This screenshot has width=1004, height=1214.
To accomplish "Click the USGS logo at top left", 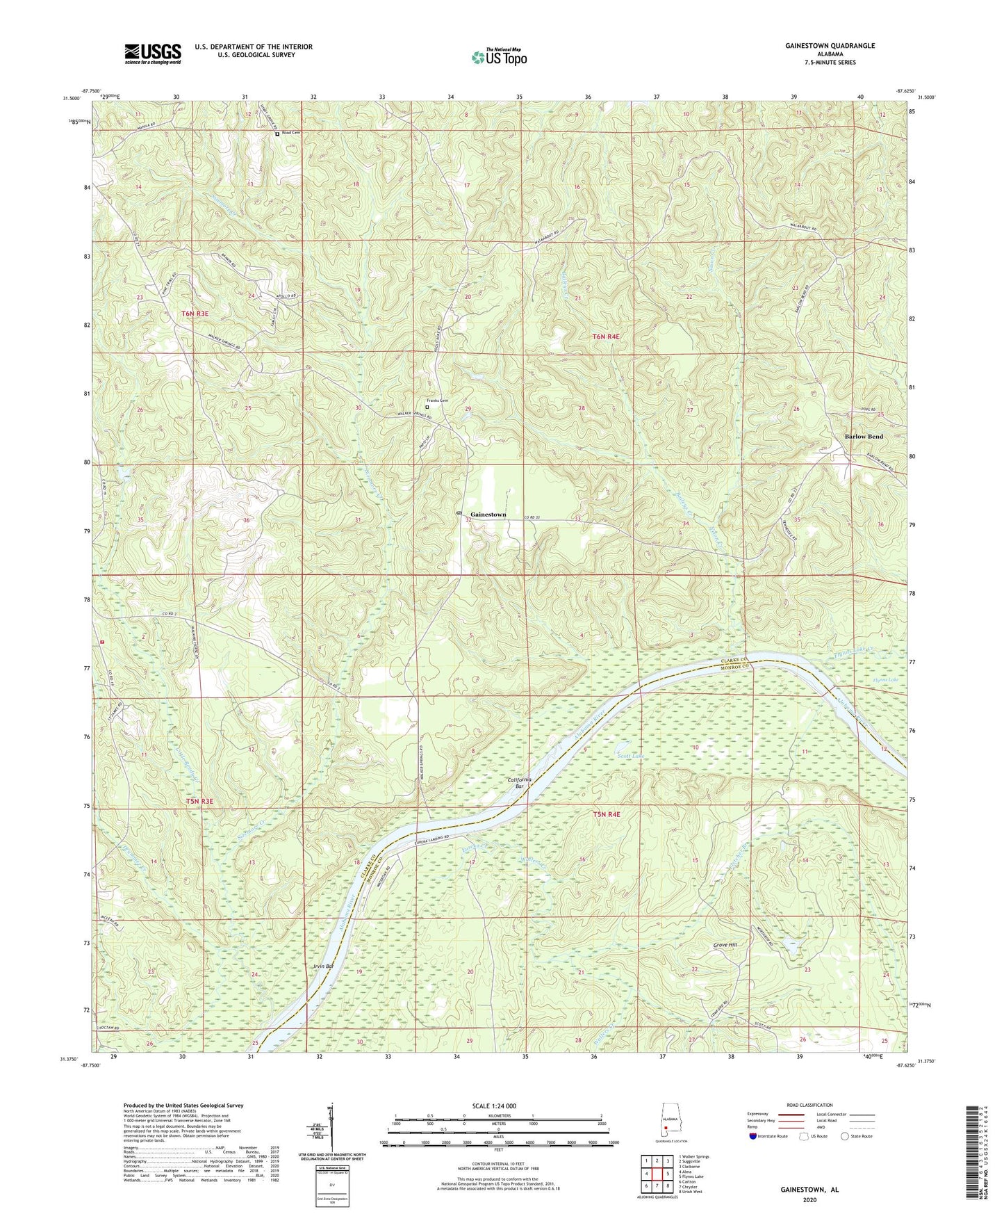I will coord(152,53).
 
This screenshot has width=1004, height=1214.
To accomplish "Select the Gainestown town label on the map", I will coord(488,515).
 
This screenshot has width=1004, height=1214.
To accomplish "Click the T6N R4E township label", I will coord(605,337).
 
